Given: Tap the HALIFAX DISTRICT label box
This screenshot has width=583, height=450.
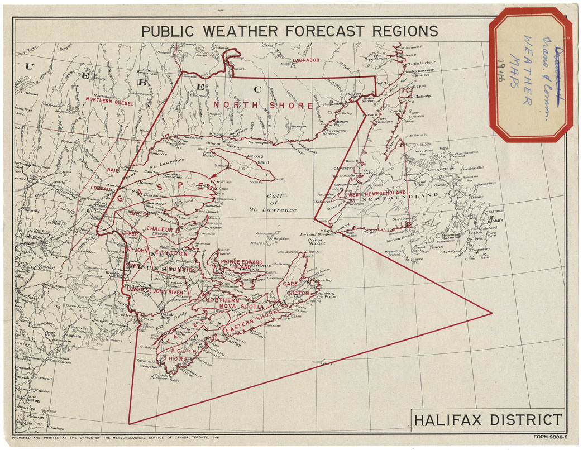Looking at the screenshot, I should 488,419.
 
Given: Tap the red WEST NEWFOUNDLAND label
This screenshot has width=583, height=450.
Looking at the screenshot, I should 377,194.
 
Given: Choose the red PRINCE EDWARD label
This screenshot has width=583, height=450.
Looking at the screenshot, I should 242,261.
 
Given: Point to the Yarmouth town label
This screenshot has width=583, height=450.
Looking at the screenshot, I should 146,361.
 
